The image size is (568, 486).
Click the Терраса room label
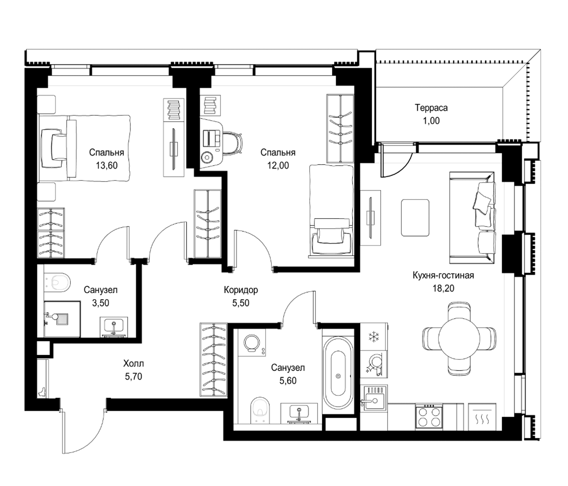point(431,108)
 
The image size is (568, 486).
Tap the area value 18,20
point(443,288)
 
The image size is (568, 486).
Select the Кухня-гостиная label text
point(443,275)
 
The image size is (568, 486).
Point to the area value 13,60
point(107,165)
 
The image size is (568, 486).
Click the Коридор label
point(241,290)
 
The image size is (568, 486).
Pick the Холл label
point(134,364)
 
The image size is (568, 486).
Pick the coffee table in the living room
point(415,218)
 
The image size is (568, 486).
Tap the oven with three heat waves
point(482,417)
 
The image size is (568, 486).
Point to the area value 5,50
point(241,303)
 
